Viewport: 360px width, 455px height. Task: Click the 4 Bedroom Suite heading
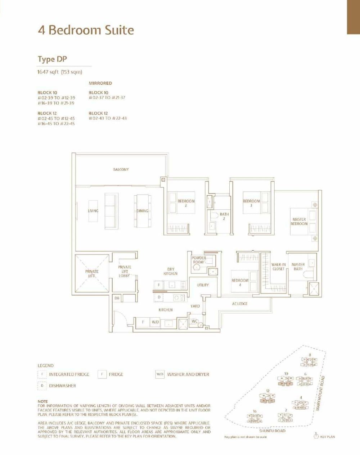point(86,30)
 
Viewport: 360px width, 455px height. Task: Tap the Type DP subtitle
point(52,59)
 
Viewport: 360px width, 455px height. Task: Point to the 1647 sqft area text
point(60,72)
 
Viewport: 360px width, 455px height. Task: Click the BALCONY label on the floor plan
point(121,169)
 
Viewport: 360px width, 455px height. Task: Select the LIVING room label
point(93,211)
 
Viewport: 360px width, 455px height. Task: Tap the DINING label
point(143,211)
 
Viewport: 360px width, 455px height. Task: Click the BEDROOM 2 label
point(186,203)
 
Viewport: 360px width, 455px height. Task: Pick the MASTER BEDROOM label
point(299,222)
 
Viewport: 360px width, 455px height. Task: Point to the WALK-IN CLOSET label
point(278,267)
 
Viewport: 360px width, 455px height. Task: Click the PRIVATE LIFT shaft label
point(92,273)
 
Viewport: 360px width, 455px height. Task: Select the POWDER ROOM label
point(199,260)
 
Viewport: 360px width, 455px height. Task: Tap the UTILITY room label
point(203,285)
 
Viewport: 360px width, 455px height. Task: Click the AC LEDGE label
point(240,304)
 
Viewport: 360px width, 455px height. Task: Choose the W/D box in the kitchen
point(155,322)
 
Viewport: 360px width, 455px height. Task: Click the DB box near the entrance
point(117,298)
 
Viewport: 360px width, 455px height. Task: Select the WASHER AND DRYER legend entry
point(188,374)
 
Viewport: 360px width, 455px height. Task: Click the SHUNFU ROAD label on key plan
point(272,431)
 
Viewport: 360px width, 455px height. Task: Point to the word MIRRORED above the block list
point(100,83)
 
